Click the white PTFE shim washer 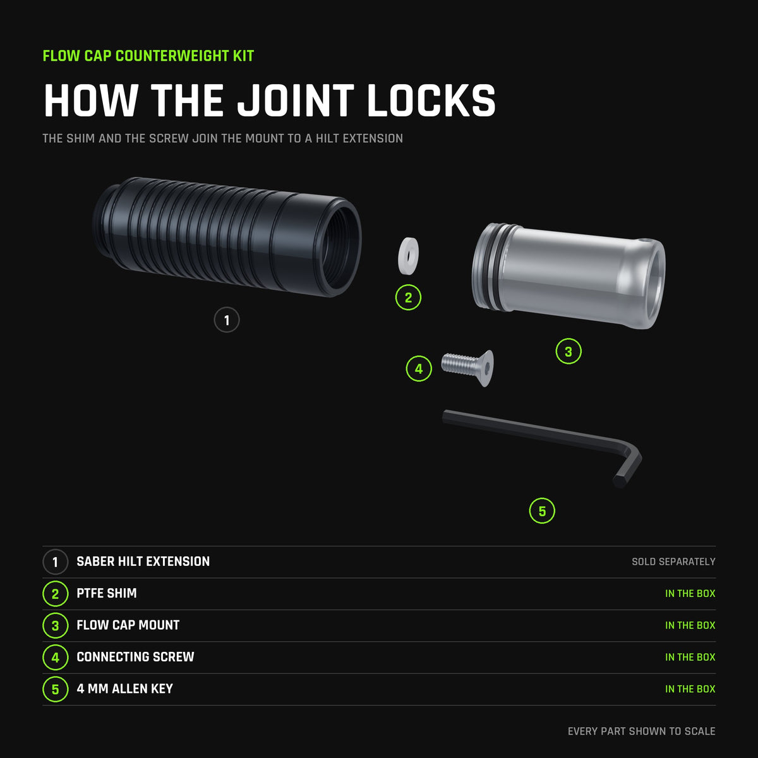408,256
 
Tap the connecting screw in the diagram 467,368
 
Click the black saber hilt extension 227,236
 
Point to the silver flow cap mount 568,276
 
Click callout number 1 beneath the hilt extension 227,320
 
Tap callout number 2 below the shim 408,298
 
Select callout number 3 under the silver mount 568,351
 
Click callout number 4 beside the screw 419,368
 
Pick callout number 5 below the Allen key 542,511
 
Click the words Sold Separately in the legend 673,562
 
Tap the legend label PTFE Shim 107,593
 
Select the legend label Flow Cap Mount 128,625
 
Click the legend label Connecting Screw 135,657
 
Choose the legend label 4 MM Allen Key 124,689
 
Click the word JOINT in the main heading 296,100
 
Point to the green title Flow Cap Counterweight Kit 148,56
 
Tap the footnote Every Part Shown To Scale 642,731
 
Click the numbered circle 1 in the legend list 56,562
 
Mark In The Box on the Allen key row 690,689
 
